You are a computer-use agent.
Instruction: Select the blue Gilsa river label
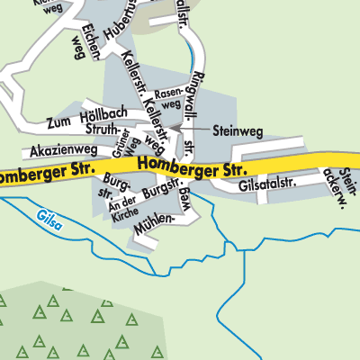[x=51, y=217]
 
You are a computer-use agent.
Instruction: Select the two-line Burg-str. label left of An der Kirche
[x=108, y=184]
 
